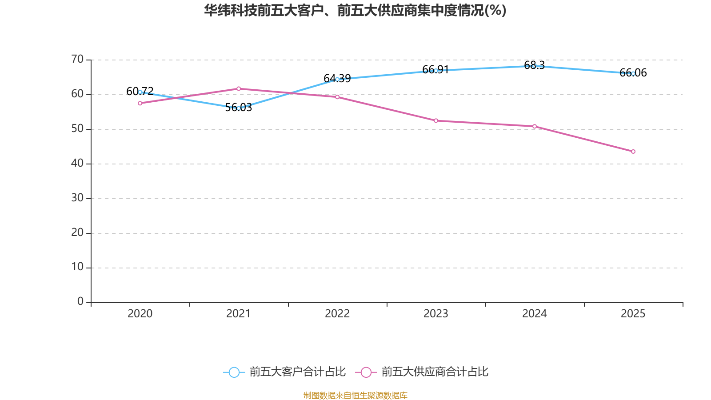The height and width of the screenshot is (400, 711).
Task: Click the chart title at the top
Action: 355,10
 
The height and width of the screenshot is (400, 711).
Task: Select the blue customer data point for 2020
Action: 140,92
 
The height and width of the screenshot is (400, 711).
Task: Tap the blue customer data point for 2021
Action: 239,108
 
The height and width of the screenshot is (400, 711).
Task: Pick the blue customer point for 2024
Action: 535,66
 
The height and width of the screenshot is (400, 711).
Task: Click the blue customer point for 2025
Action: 633,73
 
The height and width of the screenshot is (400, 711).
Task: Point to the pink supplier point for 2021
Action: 239,88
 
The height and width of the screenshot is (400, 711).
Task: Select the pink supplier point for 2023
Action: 436,120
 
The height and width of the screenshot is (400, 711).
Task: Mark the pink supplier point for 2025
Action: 633,152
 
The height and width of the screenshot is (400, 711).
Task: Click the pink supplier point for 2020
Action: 140,103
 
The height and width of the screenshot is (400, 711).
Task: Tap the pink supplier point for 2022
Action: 337,97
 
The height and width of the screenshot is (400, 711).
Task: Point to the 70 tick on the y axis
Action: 77,59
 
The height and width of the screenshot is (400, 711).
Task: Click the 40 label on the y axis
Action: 77,163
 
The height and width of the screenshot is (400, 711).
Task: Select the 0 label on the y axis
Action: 80,302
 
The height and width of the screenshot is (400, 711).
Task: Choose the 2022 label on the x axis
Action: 337,314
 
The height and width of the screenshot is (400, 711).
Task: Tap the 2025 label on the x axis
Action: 633,314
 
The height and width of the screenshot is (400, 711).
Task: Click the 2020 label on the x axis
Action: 140,314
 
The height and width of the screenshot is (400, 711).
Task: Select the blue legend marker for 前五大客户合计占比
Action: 234,372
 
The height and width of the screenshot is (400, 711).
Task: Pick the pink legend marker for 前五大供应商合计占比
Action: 366,372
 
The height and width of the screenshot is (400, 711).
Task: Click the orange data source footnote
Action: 355,395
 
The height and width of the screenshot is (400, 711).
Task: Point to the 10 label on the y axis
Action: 77,267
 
